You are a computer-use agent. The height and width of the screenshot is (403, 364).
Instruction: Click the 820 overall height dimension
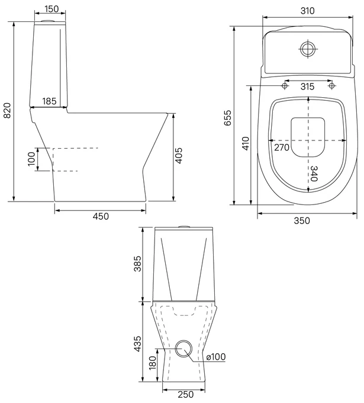8,110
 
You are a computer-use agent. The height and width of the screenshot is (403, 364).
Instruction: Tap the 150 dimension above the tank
51,9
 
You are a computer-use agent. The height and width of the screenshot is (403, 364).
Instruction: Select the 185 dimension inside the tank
49,101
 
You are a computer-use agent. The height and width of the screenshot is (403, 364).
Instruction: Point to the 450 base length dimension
101,216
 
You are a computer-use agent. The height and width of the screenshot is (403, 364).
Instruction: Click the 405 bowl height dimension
179,155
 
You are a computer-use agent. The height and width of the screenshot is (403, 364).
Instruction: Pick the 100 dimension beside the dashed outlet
31,159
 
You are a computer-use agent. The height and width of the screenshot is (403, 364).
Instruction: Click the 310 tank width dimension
307,11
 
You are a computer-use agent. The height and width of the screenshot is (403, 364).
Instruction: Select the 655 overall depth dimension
227,118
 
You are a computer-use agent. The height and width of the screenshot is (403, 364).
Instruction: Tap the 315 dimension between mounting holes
307,87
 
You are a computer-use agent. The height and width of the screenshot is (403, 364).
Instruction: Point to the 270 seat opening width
282,148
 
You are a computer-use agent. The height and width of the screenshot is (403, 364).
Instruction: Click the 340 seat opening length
314,174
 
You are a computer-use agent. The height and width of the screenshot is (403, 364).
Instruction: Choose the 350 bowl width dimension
302,220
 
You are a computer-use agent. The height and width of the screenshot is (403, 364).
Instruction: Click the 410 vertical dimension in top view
246,143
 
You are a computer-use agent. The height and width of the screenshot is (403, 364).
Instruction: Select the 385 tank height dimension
137,264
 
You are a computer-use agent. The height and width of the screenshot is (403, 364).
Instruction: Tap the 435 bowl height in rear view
137,344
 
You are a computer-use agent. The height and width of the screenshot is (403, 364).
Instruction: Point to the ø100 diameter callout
216,357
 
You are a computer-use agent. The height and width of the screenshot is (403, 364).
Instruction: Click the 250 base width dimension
186,394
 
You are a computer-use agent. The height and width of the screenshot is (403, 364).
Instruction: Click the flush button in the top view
308,49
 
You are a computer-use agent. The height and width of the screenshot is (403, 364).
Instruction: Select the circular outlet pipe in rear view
183,348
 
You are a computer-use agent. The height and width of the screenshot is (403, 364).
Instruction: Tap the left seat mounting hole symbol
285,85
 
